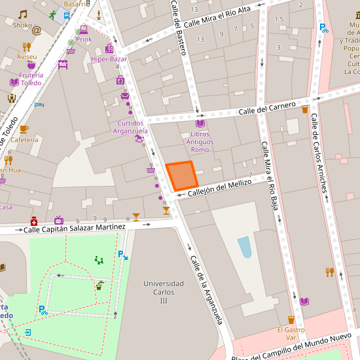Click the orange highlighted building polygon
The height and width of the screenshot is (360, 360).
coord(181,175)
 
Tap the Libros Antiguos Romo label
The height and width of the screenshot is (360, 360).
coord(200,141)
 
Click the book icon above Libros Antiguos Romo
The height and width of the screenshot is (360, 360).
coord(200,123)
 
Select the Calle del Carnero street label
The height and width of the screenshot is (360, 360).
coord(266,108)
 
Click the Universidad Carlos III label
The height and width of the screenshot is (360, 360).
coord(164,292)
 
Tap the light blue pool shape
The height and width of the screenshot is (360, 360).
coord(245,247)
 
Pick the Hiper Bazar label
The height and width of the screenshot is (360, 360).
coord(109,59)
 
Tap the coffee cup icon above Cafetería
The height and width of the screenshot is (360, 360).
coord(24,129)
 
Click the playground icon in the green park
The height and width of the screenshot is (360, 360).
coord(99,260)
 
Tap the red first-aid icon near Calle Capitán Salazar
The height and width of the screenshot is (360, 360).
coord(34,221)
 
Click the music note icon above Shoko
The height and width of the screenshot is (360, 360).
coord(23,14)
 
